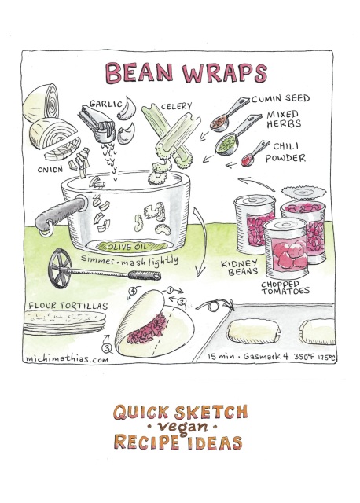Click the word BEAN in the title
pos(139,72)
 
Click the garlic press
pos(97,124)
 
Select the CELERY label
pos(176,106)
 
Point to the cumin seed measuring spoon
pos(229,114)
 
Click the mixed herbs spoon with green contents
pos(237,134)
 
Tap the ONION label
pos(50,170)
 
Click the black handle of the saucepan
pos(61,214)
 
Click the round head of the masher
pos(60,268)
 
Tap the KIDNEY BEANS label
pos(240,267)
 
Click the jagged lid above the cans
pos(303,192)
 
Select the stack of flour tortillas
pos(64,321)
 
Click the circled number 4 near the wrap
pos(132,291)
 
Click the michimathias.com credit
pos(67,358)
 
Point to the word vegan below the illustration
pos(182,427)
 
